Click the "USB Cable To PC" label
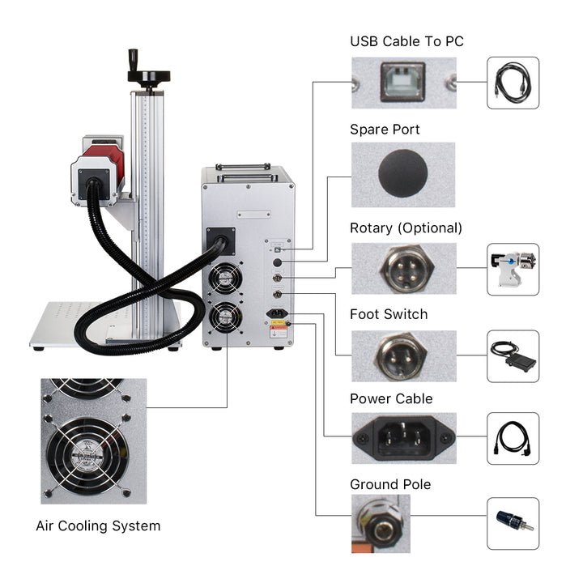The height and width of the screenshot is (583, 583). (x=406, y=40)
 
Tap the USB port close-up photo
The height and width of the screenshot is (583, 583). (x=402, y=83)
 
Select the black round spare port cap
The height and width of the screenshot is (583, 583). (x=402, y=174)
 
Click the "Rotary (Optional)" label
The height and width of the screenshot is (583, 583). (x=406, y=228)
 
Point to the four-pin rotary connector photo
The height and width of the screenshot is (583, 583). (x=402, y=268)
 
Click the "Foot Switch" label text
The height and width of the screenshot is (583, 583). (x=389, y=313)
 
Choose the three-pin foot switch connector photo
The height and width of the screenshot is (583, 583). (x=402, y=355)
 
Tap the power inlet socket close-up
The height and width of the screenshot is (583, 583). (x=402, y=438)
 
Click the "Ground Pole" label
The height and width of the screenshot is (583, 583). (x=390, y=484)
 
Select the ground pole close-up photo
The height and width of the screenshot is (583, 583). (x=381, y=524)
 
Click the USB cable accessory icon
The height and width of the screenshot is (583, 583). (x=513, y=83)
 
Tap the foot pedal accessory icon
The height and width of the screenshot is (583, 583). (x=513, y=356)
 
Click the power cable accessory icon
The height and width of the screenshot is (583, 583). (x=513, y=438)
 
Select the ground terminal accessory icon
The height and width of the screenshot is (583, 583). (x=513, y=524)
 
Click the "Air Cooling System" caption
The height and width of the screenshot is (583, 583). (x=98, y=526)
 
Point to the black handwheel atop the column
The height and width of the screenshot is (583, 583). (x=147, y=76)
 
